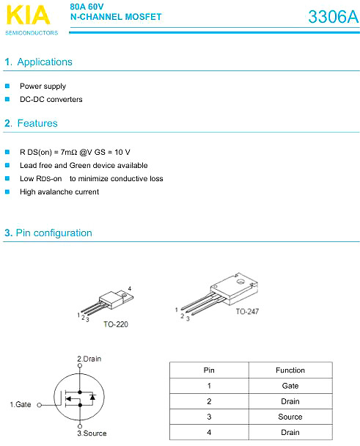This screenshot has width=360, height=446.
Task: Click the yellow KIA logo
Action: (28, 15)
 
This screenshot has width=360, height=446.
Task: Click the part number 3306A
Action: (334, 17)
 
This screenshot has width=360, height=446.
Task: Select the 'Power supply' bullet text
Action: (43, 86)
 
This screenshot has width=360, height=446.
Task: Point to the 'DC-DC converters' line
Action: (51, 99)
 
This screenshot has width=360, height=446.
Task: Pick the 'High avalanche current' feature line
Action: (59, 191)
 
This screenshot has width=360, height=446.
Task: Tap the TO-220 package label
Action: (116, 324)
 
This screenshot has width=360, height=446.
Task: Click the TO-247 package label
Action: (247, 312)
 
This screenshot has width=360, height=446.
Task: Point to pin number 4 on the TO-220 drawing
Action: (130, 289)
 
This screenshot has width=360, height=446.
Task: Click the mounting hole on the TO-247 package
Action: (240, 282)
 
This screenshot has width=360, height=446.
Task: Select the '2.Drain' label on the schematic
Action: (89, 359)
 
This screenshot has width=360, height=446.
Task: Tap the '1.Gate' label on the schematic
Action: (21, 404)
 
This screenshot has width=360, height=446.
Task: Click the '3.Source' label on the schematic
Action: (92, 434)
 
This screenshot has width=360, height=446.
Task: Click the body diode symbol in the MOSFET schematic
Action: (92, 397)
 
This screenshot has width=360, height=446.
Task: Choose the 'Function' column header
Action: (290, 370)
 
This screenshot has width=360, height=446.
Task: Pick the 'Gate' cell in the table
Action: (290, 386)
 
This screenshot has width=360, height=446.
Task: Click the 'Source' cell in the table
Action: (290, 417)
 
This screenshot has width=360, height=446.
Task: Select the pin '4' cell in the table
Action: (209, 432)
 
